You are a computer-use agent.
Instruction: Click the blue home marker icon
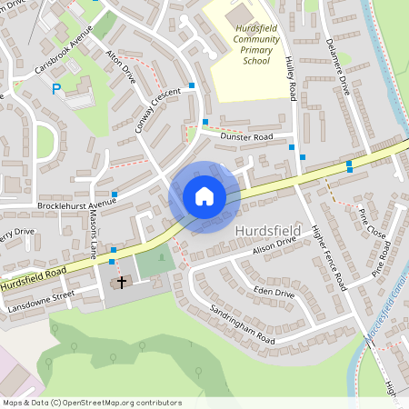tap(204, 196)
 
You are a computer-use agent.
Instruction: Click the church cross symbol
tap(121, 283)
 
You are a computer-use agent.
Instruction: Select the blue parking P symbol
tap(56, 89)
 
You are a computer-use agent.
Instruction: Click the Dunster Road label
tap(246, 137)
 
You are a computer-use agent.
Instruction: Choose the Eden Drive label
tap(274, 293)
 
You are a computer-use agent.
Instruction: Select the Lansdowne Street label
tap(37, 299)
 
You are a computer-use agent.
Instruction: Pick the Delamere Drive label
tap(335, 74)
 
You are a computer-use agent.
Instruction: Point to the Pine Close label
tap(372, 224)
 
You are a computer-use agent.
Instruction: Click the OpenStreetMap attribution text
tap(92, 403)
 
